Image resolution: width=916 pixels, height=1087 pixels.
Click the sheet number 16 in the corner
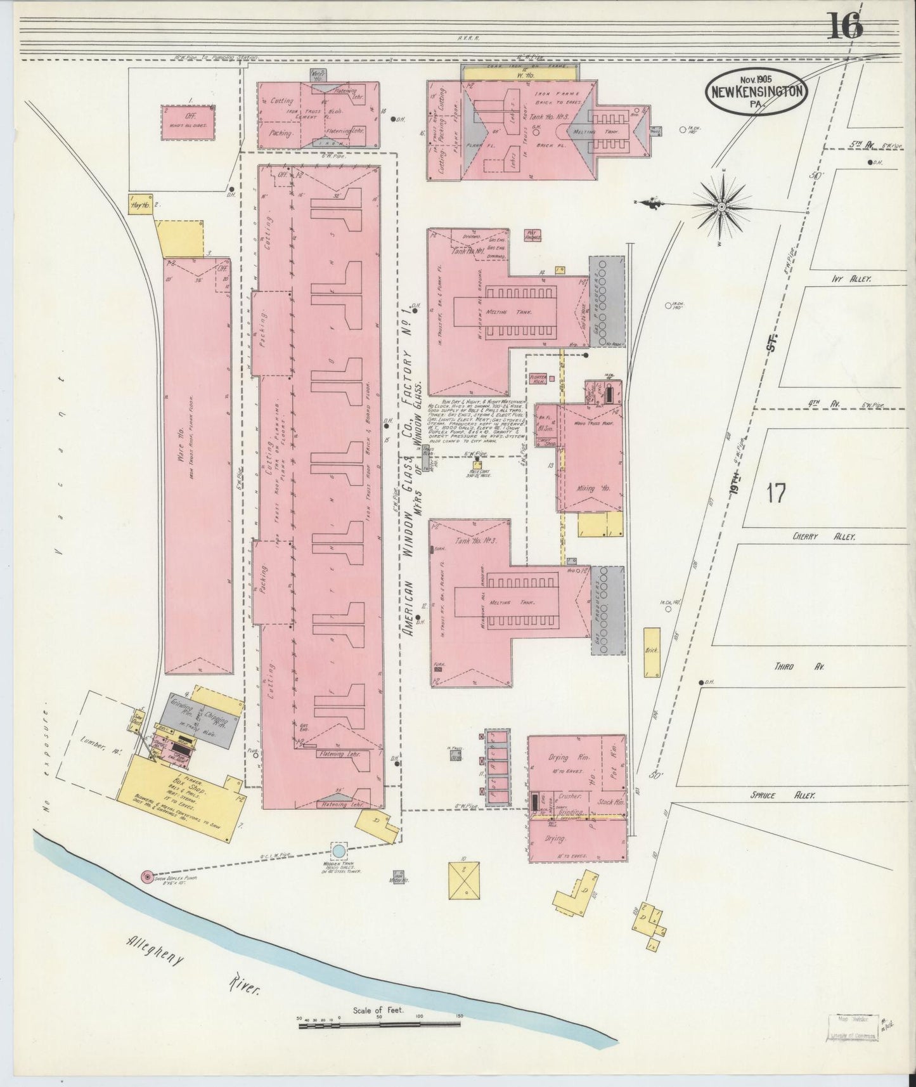(844, 27)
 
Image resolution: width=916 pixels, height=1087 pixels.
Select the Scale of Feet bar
(379, 1021)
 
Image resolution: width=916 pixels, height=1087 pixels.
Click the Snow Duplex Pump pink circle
(148, 876)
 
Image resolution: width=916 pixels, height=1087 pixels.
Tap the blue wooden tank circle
(339, 850)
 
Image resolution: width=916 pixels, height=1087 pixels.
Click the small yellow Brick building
(651, 652)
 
